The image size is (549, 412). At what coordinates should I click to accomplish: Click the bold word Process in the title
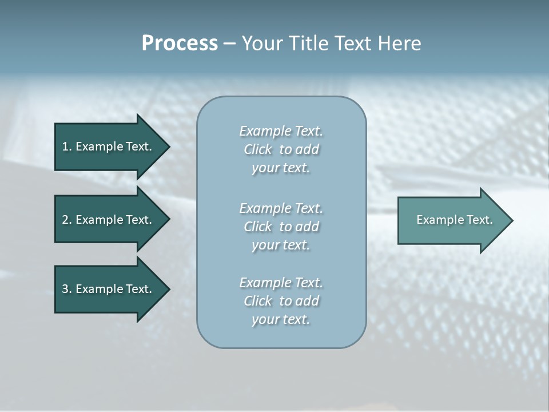point(180,43)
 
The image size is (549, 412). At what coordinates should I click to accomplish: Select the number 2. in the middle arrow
point(67,220)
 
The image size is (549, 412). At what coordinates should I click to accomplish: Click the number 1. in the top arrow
point(67,146)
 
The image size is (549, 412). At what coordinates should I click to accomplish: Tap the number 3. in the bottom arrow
point(67,289)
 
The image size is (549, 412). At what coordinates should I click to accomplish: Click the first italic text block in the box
point(281,149)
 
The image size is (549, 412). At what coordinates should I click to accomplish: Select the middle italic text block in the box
point(281,227)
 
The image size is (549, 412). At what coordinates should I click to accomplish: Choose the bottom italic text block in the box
point(281,301)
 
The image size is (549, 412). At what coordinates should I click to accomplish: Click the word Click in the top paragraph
point(257,149)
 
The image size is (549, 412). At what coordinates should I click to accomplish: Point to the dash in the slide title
point(229,43)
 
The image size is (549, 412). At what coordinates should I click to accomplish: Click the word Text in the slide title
point(351,43)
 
